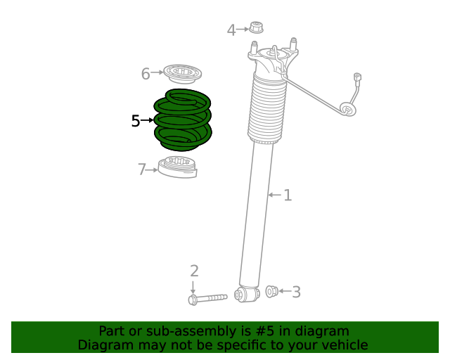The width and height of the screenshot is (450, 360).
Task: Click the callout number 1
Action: (288, 195)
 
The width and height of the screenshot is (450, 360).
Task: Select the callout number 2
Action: (194, 271)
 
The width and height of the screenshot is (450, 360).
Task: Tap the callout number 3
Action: (296, 292)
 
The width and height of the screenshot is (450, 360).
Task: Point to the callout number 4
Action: (231, 30)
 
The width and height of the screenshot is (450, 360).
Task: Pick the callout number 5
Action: (136, 121)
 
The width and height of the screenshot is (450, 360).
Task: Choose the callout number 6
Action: (146, 73)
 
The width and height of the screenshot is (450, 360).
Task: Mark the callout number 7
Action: (142, 169)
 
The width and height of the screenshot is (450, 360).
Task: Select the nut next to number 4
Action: (256, 28)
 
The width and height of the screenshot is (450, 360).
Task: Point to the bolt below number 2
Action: (207, 299)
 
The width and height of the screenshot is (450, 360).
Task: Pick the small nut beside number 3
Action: (271, 291)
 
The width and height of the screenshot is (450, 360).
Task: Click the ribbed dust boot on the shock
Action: (266, 109)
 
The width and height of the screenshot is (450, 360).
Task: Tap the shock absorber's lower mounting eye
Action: (245, 293)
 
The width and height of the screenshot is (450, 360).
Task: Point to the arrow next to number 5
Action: (147, 121)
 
